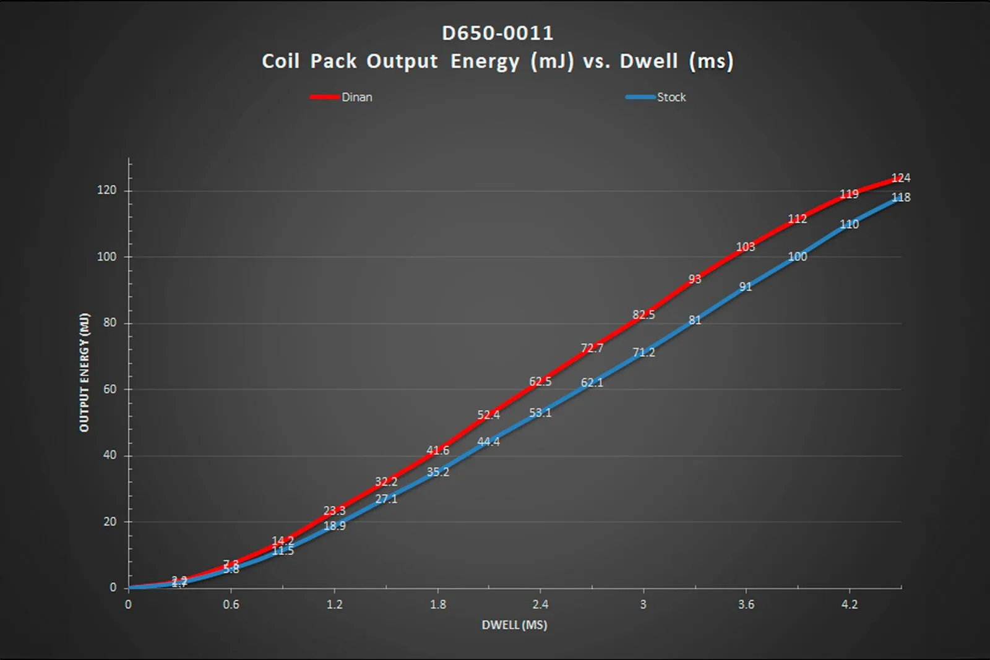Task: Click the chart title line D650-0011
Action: [497, 33]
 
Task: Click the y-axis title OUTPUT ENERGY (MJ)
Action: [84, 372]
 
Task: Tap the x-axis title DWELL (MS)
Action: [514, 625]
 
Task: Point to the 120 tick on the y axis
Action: [106, 190]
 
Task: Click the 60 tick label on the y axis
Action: [110, 389]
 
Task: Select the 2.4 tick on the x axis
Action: [540, 604]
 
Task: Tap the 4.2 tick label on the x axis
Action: [850, 604]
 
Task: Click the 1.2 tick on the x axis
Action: [334, 604]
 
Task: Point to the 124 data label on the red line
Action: [900, 178]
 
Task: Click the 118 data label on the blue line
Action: [900, 197]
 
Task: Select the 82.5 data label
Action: [643, 315]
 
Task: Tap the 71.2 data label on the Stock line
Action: [643, 353]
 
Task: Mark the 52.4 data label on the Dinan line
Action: [488, 415]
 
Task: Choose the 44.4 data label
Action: [488, 442]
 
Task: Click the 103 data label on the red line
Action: [746, 247]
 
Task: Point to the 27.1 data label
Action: [386, 499]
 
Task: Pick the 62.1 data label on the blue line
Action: [592, 383]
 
